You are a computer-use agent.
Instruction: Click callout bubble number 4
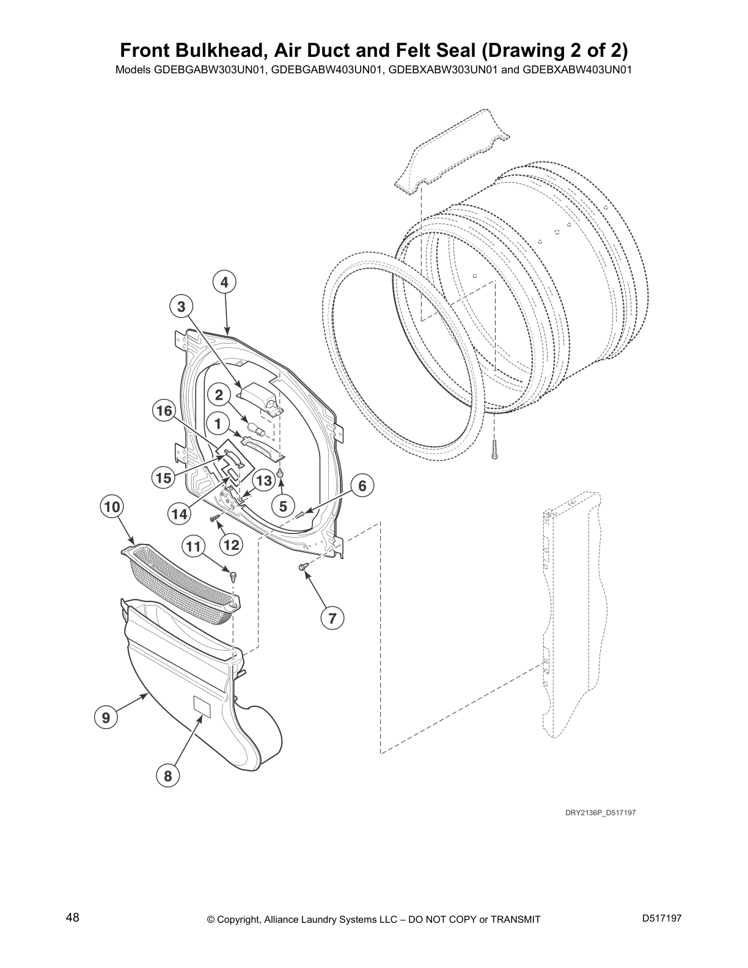tap(224, 282)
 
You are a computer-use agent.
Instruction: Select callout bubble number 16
tap(164, 411)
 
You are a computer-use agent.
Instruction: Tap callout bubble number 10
tap(112, 507)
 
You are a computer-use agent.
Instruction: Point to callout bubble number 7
tap(332, 618)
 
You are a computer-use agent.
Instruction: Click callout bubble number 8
tap(168, 776)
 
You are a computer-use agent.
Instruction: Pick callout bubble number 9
tap(106, 717)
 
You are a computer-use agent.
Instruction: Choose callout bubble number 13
tap(263, 481)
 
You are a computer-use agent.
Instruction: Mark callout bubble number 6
tap(362, 486)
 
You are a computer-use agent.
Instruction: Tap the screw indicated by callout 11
tap(233, 574)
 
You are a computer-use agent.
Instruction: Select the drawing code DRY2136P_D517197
tap(595, 812)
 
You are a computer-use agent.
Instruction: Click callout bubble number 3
tap(181, 307)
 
